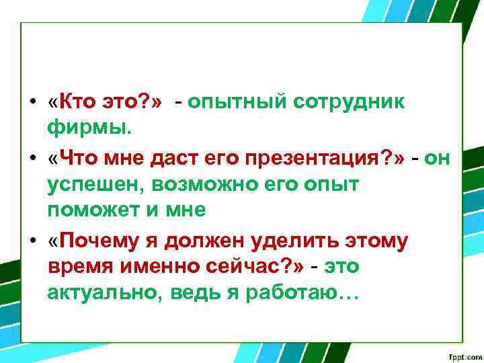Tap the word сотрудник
348,102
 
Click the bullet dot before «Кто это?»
32,103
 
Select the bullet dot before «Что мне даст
32,158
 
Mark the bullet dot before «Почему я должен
32,240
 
